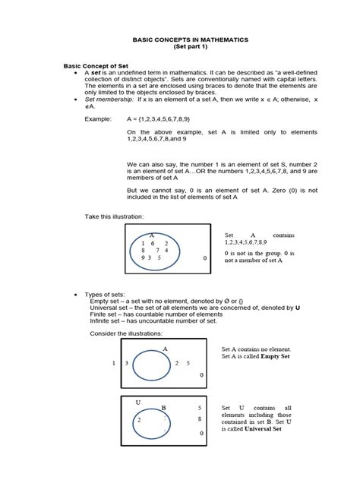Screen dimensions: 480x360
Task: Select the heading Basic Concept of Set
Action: click(97, 67)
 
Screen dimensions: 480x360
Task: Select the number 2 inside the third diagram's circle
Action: click(139, 419)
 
